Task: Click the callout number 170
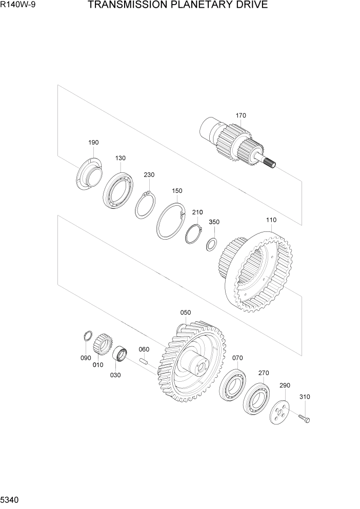click(x=241, y=115)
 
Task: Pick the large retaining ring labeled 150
click(x=159, y=227)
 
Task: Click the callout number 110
click(x=271, y=220)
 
